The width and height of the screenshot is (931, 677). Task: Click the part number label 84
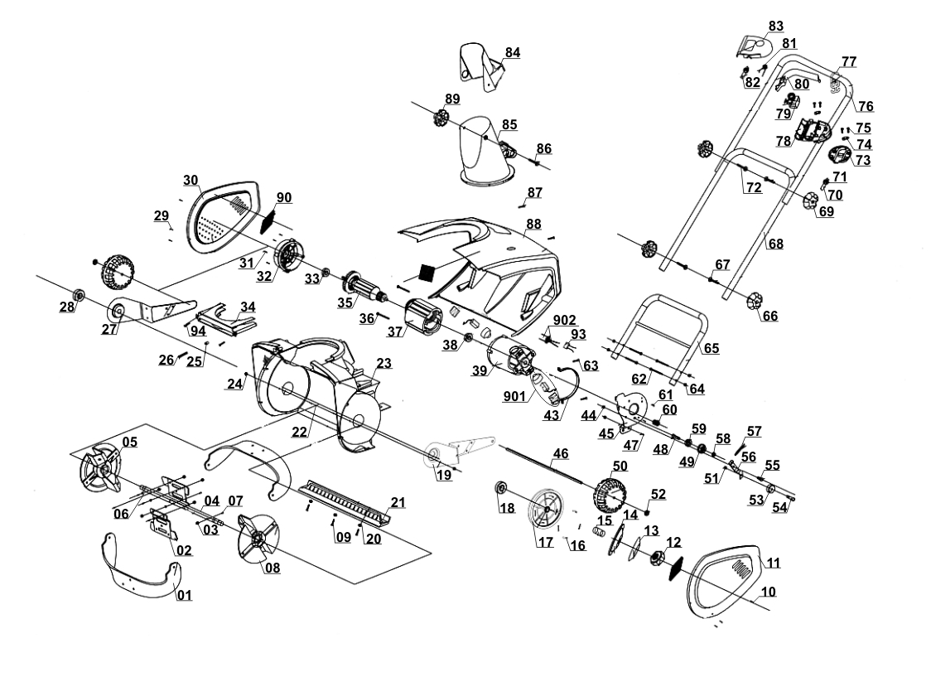tap(513, 52)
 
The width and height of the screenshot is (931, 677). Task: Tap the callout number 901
tap(514, 395)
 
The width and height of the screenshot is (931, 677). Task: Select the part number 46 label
tap(561, 454)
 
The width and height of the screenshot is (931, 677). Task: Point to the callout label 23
tap(384, 363)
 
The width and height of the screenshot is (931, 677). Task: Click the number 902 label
tap(564, 321)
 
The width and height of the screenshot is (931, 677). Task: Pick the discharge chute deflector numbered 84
tap(480, 66)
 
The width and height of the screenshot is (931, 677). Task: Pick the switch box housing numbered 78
tap(813, 131)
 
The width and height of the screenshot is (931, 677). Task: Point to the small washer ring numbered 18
tap(502, 488)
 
